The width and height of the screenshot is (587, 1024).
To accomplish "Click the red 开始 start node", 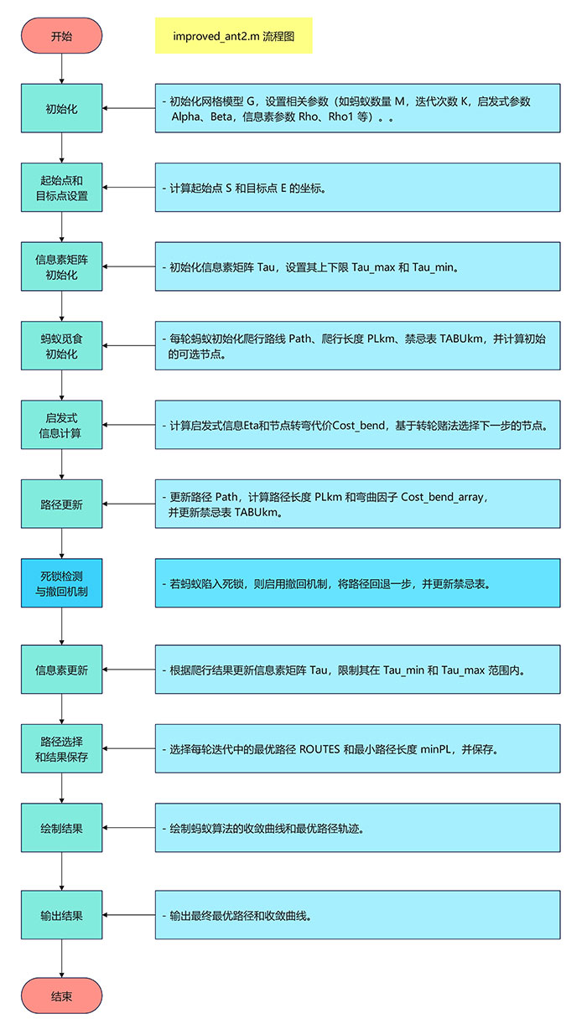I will point(61,36).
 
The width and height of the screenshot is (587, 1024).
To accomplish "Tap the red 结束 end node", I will point(61,996).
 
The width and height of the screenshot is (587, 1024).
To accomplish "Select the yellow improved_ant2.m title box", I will point(233,36).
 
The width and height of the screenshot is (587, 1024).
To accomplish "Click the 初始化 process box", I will point(61,108).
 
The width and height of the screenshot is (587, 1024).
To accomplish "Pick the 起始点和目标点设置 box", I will point(61,188).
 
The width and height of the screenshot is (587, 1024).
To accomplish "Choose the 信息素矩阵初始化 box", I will point(61,266).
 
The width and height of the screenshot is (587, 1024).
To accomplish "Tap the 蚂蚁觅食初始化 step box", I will point(61,345).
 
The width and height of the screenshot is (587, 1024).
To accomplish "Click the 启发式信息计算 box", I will point(61,425).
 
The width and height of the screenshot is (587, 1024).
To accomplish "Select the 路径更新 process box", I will point(61,504).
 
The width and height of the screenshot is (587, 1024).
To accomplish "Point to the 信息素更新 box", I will point(61,670).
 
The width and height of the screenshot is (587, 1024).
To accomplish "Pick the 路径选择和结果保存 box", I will point(61,749).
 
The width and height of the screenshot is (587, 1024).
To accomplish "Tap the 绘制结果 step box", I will point(61,828).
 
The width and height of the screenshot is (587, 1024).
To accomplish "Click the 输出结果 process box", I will point(61,915).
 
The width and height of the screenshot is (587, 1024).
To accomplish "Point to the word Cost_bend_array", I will point(442,497).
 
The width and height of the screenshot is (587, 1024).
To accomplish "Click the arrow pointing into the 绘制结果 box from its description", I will point(128,828).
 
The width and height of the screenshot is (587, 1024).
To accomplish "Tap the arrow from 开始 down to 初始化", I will point(62,70).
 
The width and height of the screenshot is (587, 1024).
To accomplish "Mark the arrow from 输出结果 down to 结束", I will point(62,957).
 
